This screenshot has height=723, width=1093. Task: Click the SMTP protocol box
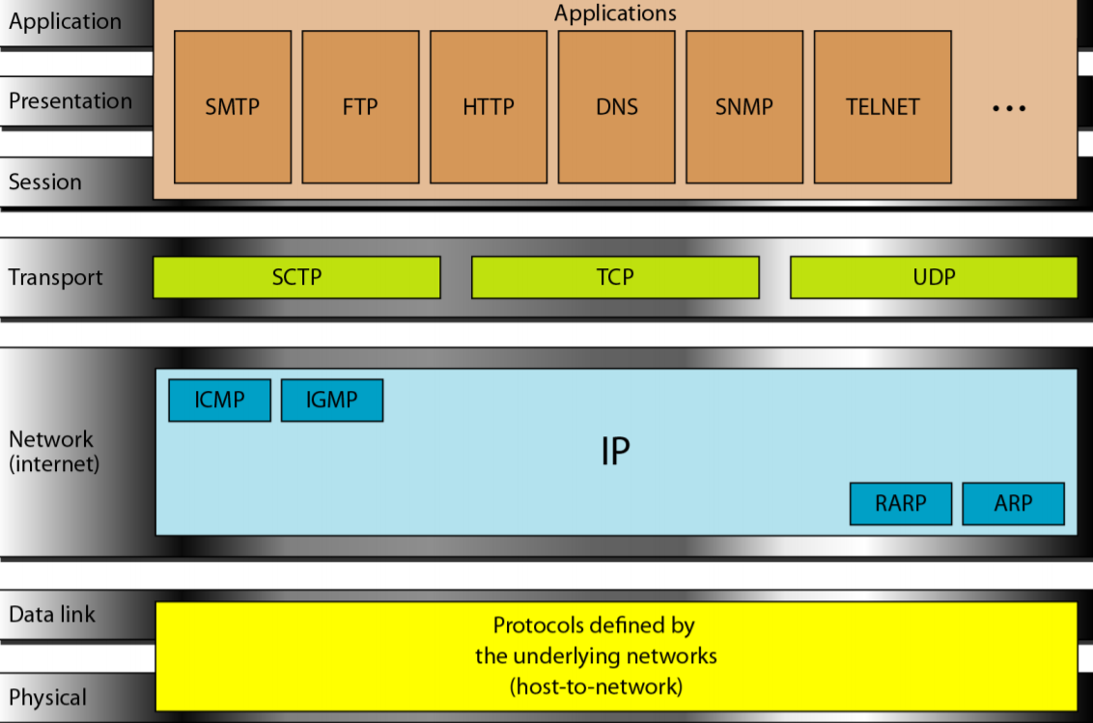pos(233,107)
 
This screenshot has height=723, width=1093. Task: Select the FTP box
pos(360,107)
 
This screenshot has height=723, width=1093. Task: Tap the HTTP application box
pos(489,107)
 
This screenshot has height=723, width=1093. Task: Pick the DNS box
pos(616,107)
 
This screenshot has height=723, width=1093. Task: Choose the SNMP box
pos(744,107)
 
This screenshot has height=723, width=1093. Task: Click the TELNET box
pos(883,107)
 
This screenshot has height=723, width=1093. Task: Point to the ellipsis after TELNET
pos(1009,108)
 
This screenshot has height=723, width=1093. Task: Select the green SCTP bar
pos(296,277)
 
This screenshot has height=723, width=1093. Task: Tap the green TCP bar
pos(615,277)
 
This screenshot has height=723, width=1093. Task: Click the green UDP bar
pos(934,277)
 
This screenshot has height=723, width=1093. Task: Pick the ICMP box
pos(219,400)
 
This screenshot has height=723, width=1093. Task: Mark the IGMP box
pos(332,400)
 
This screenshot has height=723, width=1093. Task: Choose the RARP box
pos(901,503)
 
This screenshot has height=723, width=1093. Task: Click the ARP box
pos(1013,503)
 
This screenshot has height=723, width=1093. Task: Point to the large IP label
pos(615,452)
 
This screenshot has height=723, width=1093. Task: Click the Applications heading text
pos(615,14)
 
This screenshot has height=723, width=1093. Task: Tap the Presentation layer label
pos(70,101)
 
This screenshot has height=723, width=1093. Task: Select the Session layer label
pos(45,181)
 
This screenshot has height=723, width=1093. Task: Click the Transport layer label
pos(55,277)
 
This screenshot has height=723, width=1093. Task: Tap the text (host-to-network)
pos(596,687)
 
